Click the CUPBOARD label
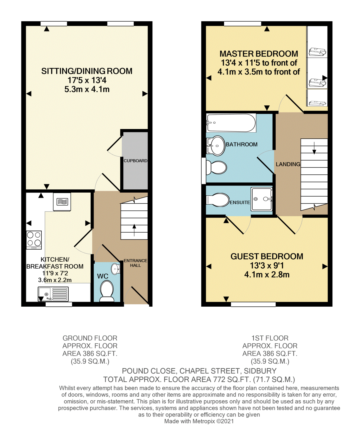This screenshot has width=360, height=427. point(135,161)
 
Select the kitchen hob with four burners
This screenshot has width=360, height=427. point(34,240)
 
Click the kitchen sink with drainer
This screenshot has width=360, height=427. point(53,294)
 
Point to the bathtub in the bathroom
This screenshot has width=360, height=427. point(231,123)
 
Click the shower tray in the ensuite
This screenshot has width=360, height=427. point(262,199)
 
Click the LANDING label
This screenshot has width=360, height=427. point(288,164)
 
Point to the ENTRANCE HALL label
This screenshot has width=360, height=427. point(135,263)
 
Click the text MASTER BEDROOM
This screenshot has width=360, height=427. point(259,54)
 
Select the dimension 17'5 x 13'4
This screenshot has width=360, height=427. point(87,80)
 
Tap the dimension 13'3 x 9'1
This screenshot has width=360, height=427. point(267,266)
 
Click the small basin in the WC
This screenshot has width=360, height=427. point(115,269)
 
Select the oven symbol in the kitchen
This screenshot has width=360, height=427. point(62,202)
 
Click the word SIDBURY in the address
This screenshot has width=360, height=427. point(260,371)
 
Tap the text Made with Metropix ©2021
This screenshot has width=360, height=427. point(199,421)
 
